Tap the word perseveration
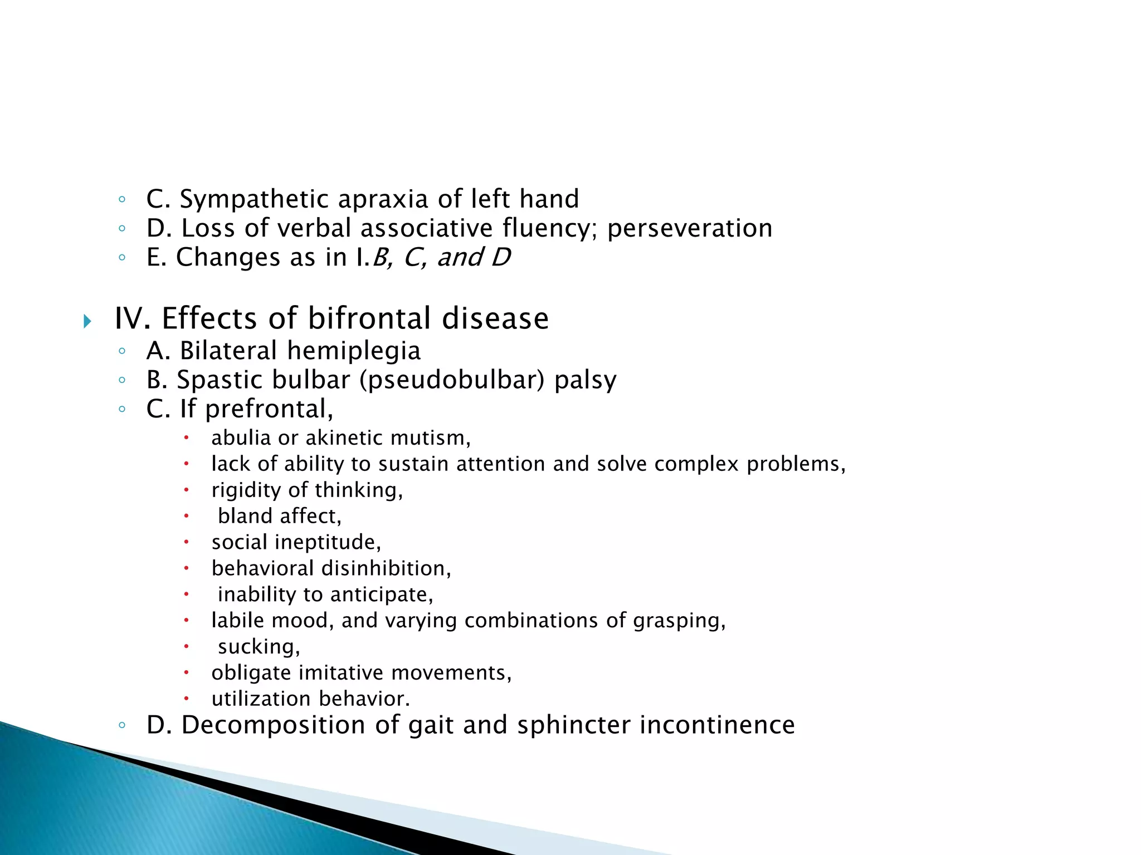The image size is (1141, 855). point(689,228)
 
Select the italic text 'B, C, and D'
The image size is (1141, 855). point(441,257)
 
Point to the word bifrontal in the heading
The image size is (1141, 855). point(369,318)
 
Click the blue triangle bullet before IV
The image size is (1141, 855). point(87,321)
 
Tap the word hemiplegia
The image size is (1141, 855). point(353,351)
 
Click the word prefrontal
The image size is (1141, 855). point(269,409)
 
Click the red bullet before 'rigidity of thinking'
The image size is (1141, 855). point(187,490)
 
